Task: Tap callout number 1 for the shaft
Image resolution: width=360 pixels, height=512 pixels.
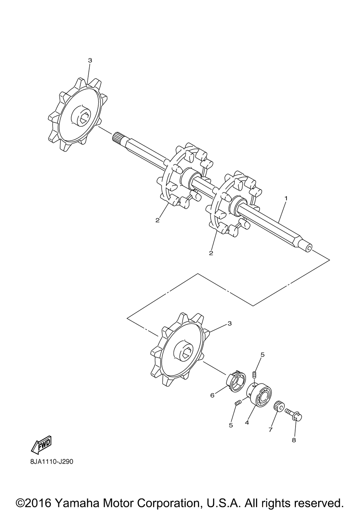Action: coord(286,198)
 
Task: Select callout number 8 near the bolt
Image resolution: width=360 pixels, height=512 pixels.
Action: coord(294,440)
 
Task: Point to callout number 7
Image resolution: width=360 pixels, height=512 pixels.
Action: coord(270,430)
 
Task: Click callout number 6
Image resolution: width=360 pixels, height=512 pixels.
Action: coord(212,395)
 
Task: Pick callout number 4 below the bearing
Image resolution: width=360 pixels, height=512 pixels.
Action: coord(247,423)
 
